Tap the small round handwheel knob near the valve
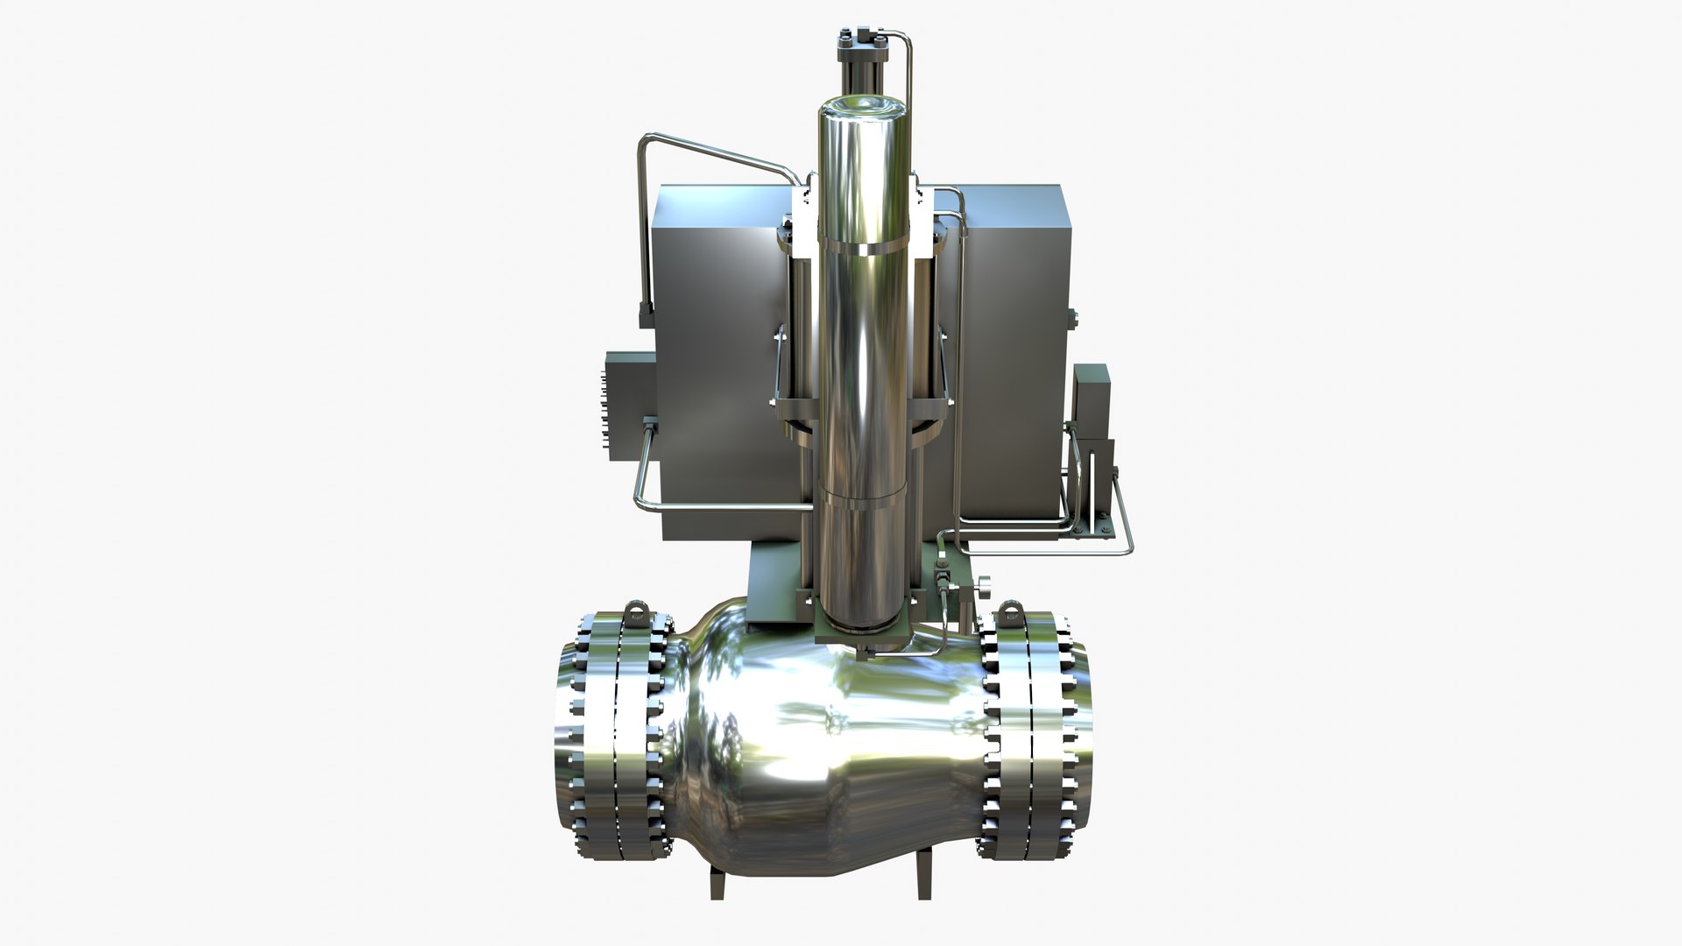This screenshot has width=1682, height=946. pos(986,582)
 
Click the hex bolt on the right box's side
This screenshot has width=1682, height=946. pos(1071,316)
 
